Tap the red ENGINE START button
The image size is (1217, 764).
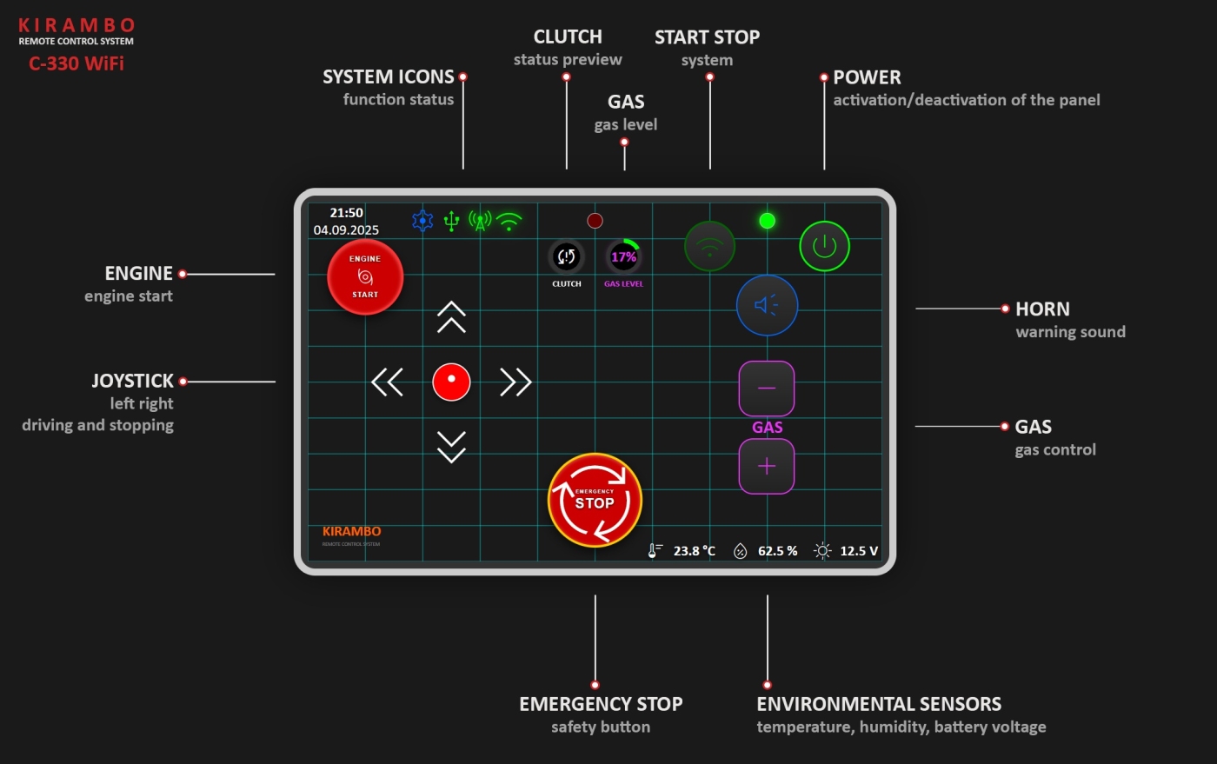(365, 276)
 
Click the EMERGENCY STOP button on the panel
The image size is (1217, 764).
(595, 500)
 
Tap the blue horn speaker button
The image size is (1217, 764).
(767, 305)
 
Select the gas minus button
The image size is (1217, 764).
(767, 388)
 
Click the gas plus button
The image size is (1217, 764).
(767, 466)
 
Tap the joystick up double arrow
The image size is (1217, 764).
(451, 317)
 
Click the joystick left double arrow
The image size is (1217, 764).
(388, 382)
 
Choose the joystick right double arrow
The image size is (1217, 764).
(515, 382)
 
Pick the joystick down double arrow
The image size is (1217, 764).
(451, 446)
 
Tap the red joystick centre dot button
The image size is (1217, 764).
(451, 382)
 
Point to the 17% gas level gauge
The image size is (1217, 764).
(623, 256)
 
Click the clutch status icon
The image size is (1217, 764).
(567, 256)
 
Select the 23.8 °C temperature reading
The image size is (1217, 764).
(694, 551)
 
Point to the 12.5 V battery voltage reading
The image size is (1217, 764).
(858, 551)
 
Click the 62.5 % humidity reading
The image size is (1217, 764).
(777, 551)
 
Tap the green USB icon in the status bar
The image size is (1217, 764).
(451, 221)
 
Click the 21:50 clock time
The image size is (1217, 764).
(346, 213)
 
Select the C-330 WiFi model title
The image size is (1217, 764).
(76, 63)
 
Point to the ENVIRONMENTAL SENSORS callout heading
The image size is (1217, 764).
(879, 704)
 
